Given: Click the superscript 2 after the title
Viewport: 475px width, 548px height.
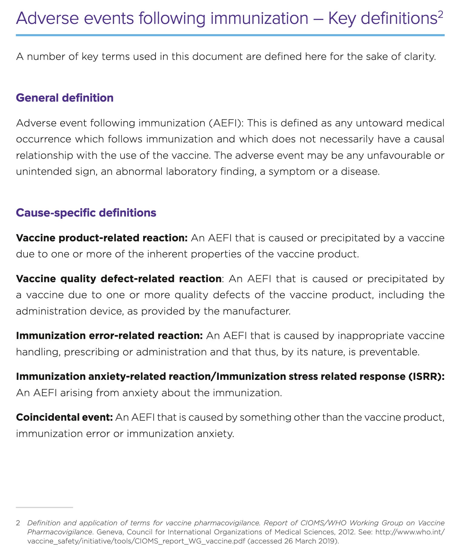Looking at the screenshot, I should pos(440,14).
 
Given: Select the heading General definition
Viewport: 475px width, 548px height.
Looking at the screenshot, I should pos(64,98).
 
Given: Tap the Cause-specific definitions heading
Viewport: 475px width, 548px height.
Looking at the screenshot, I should pos(86,213).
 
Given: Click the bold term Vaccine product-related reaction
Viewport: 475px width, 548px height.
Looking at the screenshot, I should pos(102,238).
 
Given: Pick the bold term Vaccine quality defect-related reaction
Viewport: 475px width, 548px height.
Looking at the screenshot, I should pos(119,279).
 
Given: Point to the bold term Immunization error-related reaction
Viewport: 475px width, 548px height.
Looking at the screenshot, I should pos(109,336).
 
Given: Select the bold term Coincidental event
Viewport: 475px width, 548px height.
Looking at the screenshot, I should pos(64,417).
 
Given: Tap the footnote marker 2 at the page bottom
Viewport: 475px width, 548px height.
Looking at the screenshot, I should pos(18,523).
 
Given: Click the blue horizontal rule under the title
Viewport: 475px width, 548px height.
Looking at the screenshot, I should pos(230,35).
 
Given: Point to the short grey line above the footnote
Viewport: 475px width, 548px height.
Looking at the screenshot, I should pos(44,507).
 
